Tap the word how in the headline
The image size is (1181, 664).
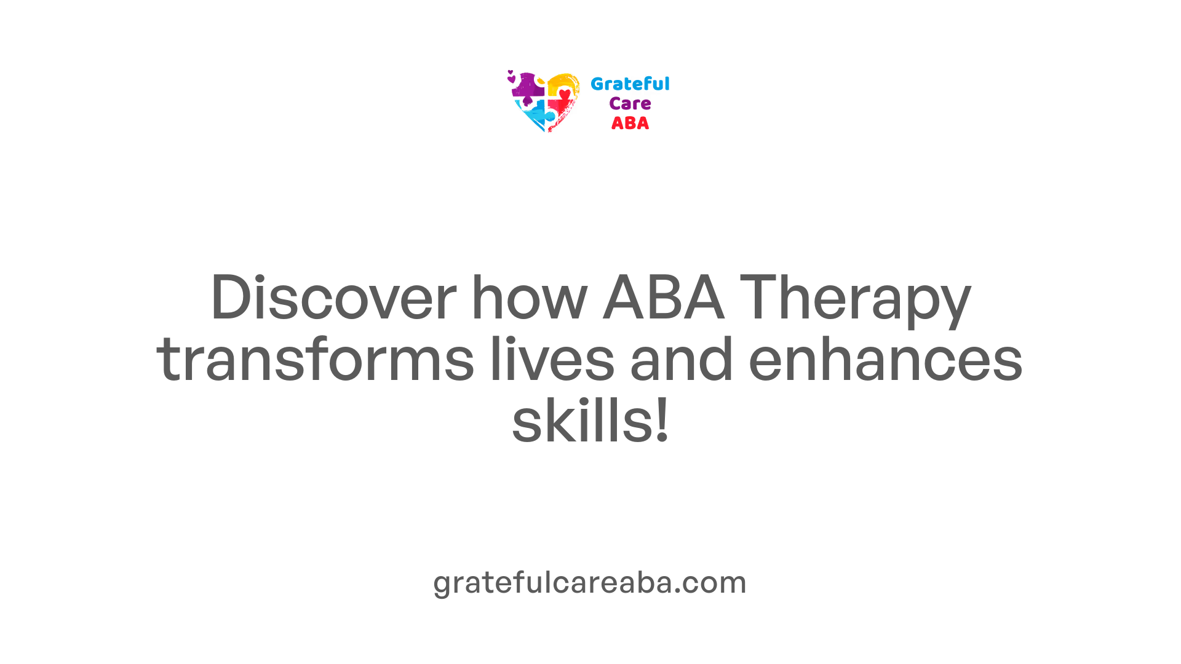click(530, 298)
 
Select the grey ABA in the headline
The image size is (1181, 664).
click(663, 298)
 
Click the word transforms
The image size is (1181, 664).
click(316, 360)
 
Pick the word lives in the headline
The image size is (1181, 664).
click(552, 360)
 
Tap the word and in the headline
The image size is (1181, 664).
click(682, 360)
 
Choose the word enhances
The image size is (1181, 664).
click(886, 360)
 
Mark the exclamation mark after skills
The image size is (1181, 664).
click(662, 420)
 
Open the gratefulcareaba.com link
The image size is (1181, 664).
click(590, 582)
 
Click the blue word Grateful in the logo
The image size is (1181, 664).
click(630, 84)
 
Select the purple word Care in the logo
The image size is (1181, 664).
click(630, 104)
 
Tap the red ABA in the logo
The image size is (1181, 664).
click(630, 124)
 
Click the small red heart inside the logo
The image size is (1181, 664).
click(565, 94)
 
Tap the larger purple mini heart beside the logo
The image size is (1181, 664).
click(511, 79)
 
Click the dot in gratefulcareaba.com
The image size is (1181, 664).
click(678, 593)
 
